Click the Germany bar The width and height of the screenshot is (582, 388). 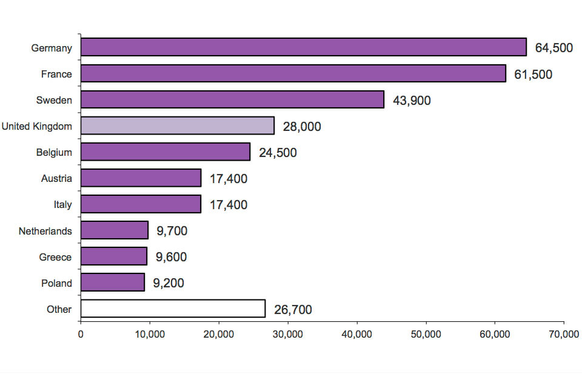[x=303, y=47]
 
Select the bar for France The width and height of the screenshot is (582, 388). [x=293, y=73]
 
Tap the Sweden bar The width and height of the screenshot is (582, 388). [x=232, y=99]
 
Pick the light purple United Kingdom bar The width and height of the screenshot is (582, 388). [x=177, y=125]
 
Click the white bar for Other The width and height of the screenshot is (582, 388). [x=173, y=309]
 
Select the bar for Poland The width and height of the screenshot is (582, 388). [x=113, y=283]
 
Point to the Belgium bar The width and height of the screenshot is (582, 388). [x=165, y=152]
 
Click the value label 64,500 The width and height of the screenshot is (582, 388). [x=554, y=48]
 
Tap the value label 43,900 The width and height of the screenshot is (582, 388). [x=412, y=101]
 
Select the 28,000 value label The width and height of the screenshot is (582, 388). [x=302, y=127]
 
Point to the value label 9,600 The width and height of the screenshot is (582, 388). [x=171, y=257]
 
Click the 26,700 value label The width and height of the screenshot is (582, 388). [x=293, y=310]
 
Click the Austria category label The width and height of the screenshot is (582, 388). [x=56, y=178]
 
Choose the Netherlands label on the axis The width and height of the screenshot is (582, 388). [x=45, y=231]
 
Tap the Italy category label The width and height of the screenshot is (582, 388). [x=62, y=204]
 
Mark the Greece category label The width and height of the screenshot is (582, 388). [x=55, y=257]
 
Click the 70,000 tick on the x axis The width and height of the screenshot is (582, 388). [x=564, y=334]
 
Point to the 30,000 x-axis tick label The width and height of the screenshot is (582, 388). [x=288, y=334]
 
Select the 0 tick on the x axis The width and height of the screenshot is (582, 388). [x=81, y=334]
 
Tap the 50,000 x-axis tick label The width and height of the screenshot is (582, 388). [x=426, y=334]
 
